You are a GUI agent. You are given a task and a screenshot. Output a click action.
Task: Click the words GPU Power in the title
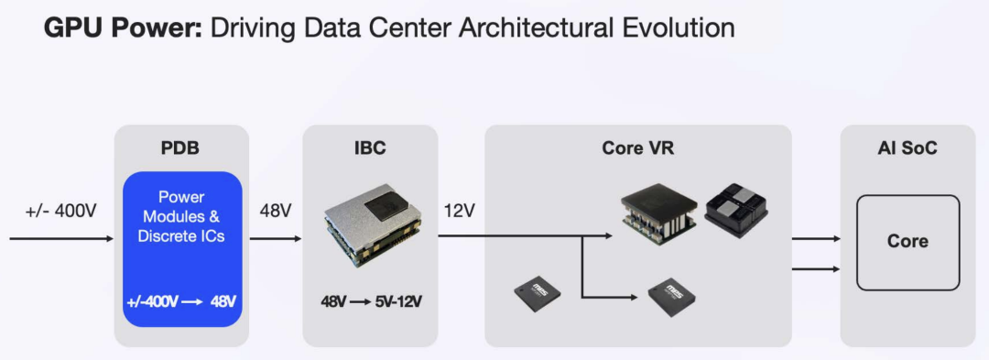tap(123, 28)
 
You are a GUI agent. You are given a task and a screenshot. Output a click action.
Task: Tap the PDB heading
tap(181, 148)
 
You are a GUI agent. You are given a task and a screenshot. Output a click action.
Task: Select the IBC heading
tap(370, 148)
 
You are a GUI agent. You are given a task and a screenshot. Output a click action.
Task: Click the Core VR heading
tap(637, 148)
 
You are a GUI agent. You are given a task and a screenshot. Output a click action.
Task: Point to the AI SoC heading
tap(907, 148)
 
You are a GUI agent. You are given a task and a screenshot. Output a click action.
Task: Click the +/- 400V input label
tap(60, 212)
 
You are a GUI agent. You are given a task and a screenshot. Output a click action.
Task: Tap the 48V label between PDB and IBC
tap(276, 212)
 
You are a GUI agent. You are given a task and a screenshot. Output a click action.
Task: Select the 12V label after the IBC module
tap(459, 212)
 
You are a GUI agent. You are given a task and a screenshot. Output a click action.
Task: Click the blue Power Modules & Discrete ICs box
tap(182, 249)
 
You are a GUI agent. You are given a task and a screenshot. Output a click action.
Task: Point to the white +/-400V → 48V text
tap(182, 301)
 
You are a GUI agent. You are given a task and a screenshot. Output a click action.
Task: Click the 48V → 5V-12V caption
tap(371, 301)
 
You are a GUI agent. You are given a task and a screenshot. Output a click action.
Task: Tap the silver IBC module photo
tap(370, 224)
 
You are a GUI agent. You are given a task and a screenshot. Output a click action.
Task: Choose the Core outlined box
tap(907, 242)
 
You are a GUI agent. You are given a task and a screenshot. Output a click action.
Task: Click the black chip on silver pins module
tap(658, 213)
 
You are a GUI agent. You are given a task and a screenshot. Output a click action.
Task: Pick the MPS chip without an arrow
tap(538, 293)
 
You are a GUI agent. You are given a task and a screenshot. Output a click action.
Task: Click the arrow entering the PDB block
tap(62, 239)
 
